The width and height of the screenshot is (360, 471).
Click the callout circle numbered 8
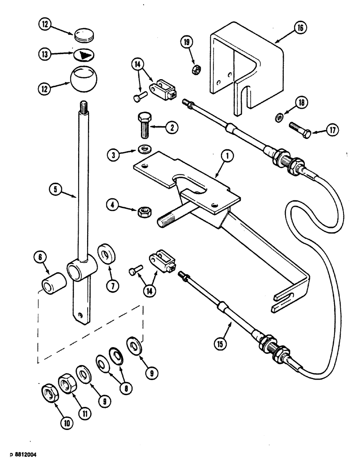[x=125, y=388]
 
